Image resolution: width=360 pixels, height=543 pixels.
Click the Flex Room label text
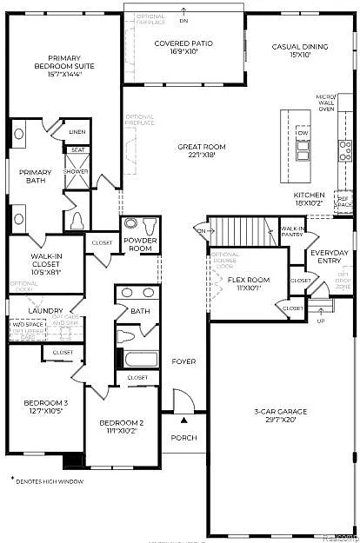pos(248,284)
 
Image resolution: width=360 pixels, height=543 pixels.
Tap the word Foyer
pos(183,361)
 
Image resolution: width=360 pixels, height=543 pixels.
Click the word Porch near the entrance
pos(183,437)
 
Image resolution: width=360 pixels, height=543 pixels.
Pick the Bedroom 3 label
pos(46,407)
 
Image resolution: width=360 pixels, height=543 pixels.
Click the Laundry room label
pos(43,310)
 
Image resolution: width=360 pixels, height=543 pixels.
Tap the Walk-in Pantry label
pos(291,232)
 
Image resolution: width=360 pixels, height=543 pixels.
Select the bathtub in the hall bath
pos(137,359)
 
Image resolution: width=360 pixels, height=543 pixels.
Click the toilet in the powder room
pos(131,222)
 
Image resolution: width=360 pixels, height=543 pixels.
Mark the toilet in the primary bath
pos(76,219)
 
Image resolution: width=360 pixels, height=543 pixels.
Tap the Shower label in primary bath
pos(77,171)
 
